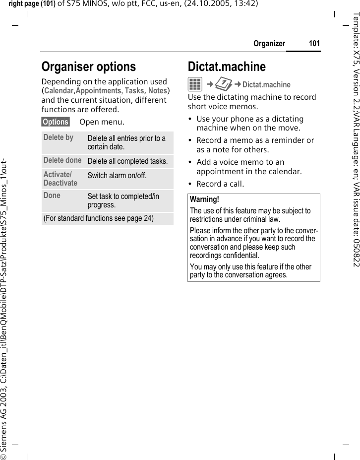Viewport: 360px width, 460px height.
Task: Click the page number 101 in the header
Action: pos(314,44)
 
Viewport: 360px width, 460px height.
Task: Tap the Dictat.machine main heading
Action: pos(227,66)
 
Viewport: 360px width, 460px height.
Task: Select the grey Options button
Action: pos(56,122)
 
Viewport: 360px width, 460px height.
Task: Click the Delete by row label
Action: pos(58,137)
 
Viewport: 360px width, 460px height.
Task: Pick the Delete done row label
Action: pos(62,160)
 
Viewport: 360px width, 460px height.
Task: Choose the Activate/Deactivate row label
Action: pos(60,179)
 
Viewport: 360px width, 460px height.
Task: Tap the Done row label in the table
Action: pos(52,196)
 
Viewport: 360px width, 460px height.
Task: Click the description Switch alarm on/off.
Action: pos(117,176)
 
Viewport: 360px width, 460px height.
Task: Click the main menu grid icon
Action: pos(195,85)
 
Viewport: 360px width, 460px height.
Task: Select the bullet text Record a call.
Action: pos(220,184)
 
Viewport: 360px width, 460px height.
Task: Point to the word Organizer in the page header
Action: pos(269,44)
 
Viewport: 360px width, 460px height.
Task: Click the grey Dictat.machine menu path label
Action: pos(266,85)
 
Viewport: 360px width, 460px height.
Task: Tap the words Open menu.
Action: pos(102,122)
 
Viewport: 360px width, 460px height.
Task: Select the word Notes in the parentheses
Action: pos(157,91)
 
